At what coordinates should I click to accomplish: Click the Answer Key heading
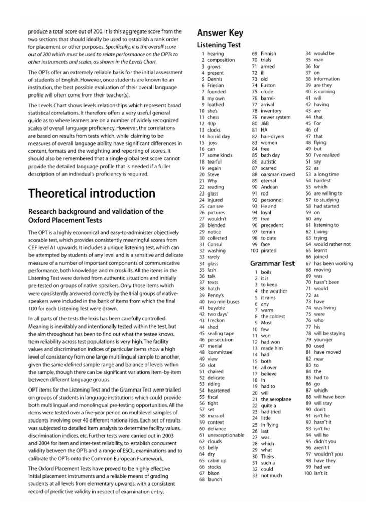(x=220, y=34)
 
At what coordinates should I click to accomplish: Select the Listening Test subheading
(x=219, y=46)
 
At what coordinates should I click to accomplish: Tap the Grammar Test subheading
(x=272, y=263)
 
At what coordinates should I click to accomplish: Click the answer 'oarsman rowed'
(x=277, y=188)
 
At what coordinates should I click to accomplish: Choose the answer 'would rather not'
(x=332, y=244)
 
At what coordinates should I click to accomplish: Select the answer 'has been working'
(x=333, y=263)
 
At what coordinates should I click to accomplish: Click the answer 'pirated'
(x=269, y=251)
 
